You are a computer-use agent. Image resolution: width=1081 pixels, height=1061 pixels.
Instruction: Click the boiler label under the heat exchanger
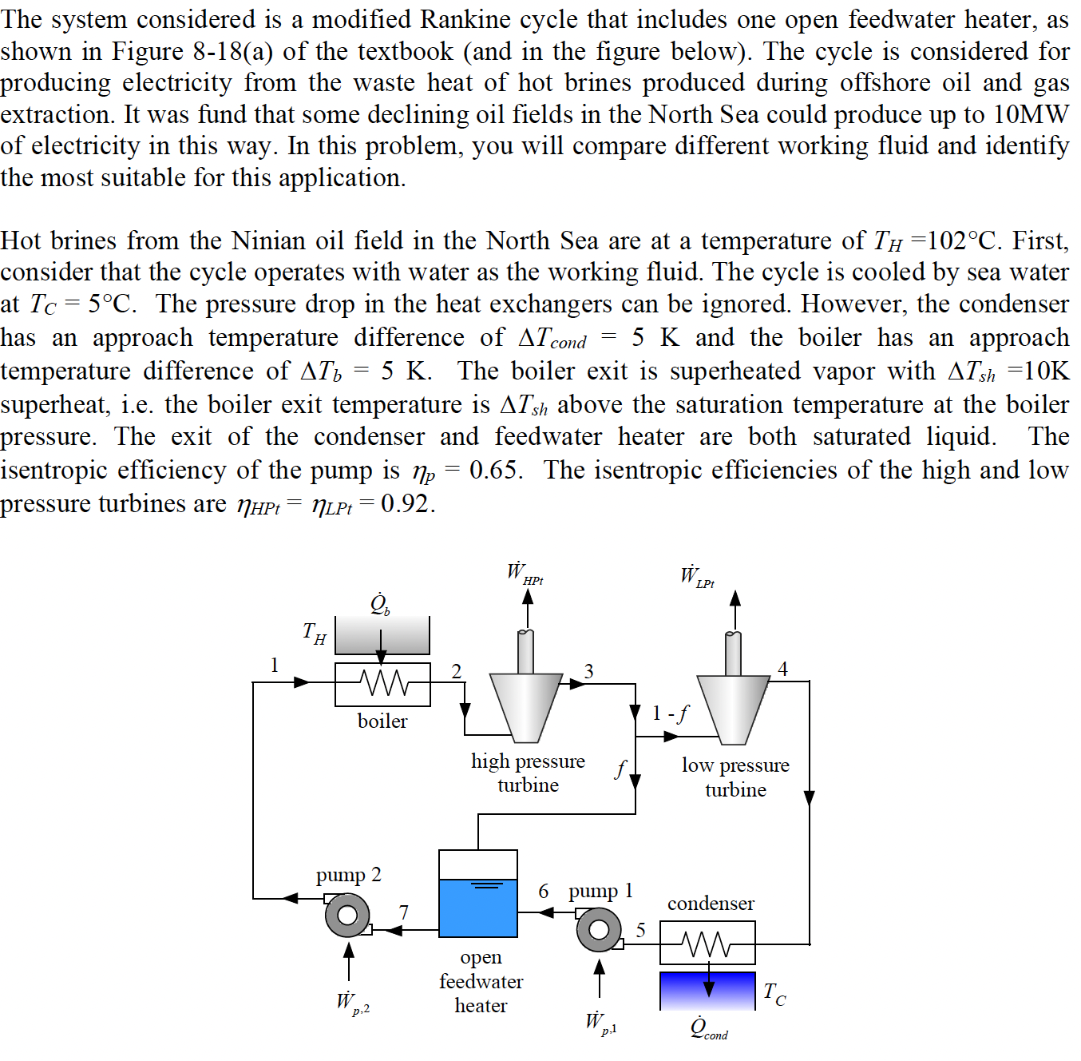[382, 721]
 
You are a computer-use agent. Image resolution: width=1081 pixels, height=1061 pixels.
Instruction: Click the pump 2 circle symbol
[347, 915]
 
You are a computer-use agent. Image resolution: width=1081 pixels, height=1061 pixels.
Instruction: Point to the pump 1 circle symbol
[599, 929]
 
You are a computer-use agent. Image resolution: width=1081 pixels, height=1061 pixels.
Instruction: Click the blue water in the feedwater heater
[478, 908]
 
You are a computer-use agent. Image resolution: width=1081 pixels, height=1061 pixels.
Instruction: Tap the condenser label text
[711, 903]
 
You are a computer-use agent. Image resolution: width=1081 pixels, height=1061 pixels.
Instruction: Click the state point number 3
[588, 671]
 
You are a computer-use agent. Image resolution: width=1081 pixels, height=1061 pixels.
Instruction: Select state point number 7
[404, 912]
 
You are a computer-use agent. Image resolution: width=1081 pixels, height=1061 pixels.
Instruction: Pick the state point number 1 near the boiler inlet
[275, 665]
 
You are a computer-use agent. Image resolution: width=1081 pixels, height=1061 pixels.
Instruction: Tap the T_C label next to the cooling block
[774, 993]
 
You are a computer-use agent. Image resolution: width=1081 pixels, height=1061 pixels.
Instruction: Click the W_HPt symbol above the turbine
[524, 574]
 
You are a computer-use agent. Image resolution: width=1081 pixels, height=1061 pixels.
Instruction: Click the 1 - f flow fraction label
[669, 713]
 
